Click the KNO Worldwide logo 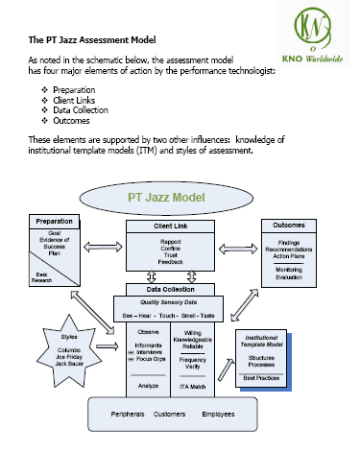tap(318, 33)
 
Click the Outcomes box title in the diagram tap(291, 225)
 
